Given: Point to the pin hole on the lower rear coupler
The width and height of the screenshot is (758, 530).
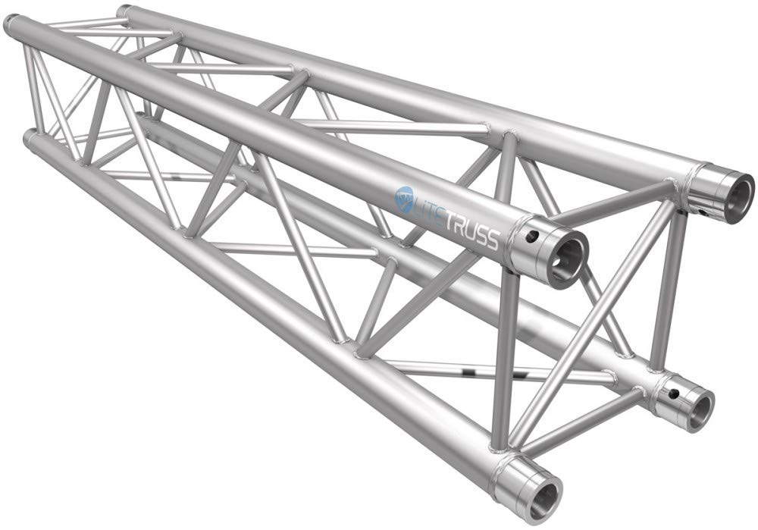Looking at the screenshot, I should (672, 394).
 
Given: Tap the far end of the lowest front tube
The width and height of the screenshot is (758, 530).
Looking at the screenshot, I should (30, 139).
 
